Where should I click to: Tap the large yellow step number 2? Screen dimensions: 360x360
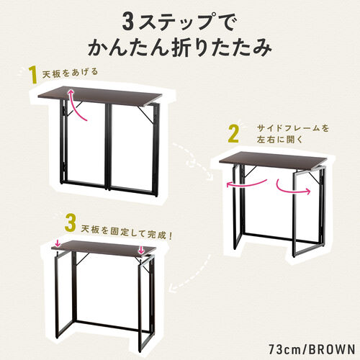coord(233,135)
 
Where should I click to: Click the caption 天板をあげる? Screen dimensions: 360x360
coord(69,73)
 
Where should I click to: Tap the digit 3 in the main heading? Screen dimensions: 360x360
coord(128,19)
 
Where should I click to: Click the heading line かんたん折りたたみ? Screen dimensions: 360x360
coord(179,49)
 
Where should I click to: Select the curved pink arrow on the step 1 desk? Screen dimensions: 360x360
coord(78,104)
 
